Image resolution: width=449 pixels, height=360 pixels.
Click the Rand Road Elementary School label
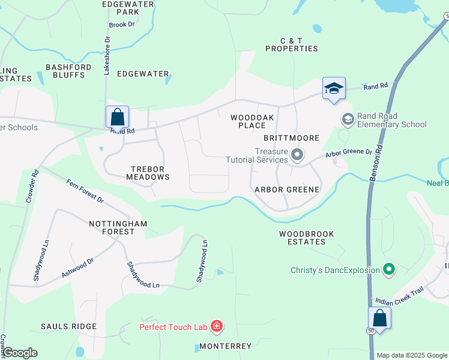[x=391, y=120]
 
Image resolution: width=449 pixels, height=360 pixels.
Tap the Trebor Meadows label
[x=148, y=173]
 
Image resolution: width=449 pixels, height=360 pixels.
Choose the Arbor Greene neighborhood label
[x=287, y=189]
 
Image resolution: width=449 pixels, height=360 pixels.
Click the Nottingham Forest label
[x=118, y=228]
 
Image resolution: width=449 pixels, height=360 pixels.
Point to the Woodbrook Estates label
[x=303, y=238]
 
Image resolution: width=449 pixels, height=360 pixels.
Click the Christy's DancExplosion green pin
[x=389, y=270]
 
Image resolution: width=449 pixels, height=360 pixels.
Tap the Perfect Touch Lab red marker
[x=217, y=327]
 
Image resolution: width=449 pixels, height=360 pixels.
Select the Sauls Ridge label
[x=68, y=326]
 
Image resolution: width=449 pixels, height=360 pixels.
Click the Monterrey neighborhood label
[x=225, y=346]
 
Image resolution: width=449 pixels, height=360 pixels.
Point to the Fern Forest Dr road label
[x=85, y=191]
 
